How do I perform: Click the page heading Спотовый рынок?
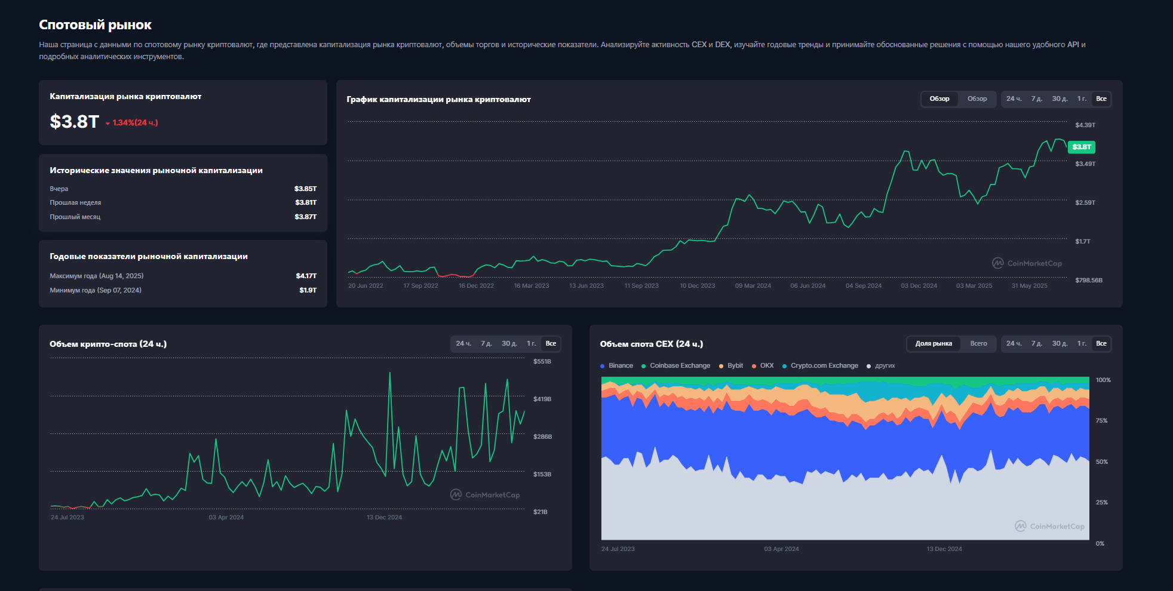[x=95, y=25]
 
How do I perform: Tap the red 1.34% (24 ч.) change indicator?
[x=132, y=122]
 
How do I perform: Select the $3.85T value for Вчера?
[x=305, y=189]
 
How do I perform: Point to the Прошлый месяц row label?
[x=75, y=217]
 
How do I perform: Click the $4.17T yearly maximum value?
[x=306, y=276]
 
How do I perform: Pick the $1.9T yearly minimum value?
[x=308, y=290]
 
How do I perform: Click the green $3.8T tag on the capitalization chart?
[x=1082, y=147]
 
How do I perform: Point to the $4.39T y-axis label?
[x=1085, y=125]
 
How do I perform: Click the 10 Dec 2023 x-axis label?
[x=697, y=286]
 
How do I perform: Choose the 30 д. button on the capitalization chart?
[x=1060, y=99]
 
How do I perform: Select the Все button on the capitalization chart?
[x=1101, y=99]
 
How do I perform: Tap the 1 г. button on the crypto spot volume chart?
[x=532, y=344]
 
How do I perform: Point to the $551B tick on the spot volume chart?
[x=542, y=362]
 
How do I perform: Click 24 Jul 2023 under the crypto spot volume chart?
[x=67, y=518]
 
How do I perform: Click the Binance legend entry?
[x=617, y=366]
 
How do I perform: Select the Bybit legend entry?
[x=731, y=366]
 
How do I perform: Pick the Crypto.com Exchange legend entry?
[x=820, y=366]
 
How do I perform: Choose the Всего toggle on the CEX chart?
[x=978, y=344]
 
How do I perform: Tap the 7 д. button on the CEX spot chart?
[x=1037, y=344]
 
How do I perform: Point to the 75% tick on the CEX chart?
[x=1102, y=421]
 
